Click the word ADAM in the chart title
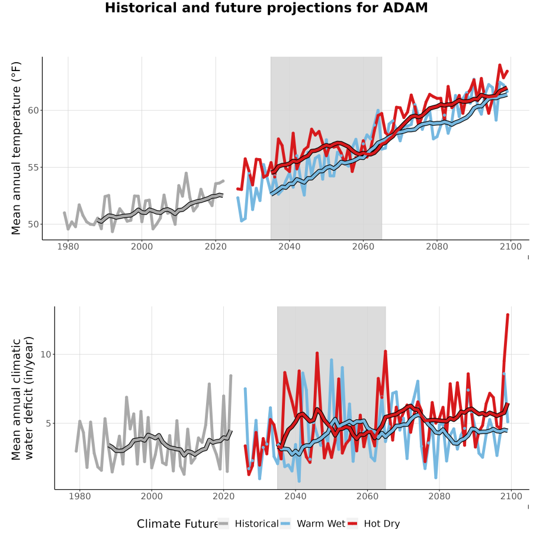click(x=405, y=8)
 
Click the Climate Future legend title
click(x=178, y=524)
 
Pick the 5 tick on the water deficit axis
click(x=49, y=423)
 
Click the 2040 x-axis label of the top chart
click(x=289, y=246)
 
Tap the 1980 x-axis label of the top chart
click(x=68, y=246)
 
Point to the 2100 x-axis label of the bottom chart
click(x=511, y=496)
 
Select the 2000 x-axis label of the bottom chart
click(x=152, y=496)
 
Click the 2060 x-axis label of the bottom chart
click(x=367, y=496)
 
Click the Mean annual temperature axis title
click(x=16, y=148)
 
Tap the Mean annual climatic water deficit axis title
click(x=23, y=398)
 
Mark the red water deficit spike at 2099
click(x=508, y=315)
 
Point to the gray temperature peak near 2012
click(x=186, y=173)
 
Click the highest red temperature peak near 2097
click(x=500, y=65)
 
